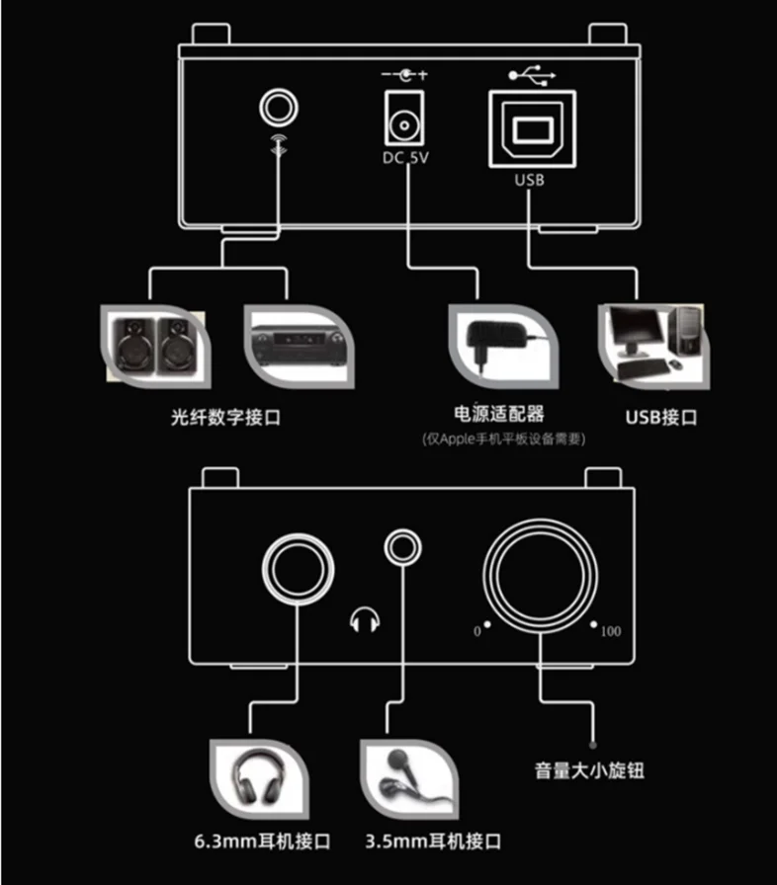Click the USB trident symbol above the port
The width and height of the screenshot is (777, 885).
(x=529, y=73)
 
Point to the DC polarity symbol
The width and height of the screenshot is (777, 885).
(x=404, y=74)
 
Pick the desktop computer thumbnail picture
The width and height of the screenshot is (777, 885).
(x=653, y=344)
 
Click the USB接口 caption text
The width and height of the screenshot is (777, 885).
(x=661, y=417)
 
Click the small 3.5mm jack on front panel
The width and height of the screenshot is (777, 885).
(x=402, y=545)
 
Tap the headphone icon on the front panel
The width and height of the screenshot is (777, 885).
(x=365, y=619)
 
